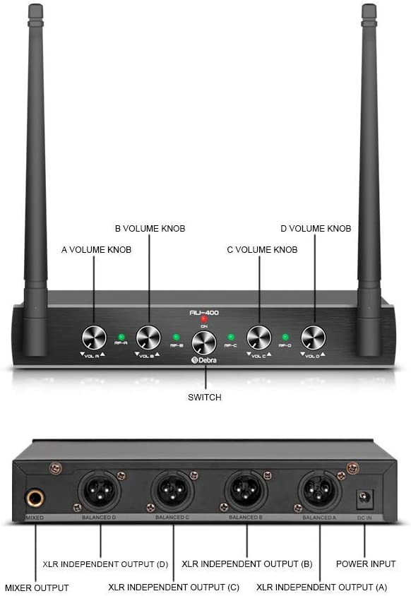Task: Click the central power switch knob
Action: pyautogui.click(x=204, y=342)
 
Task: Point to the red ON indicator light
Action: pyautogui.click(x=203, y=319)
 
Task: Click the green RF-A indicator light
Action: pyautogui.click(x=121, y=337)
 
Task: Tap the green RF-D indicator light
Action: pyautogui.click(x=285, y=337)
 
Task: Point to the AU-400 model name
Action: pyautogui.click(x=204, y=311)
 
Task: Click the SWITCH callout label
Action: pyautogui.click(x=204, y=398)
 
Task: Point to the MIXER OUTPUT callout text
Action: pyautogui.click(x=37, y=588)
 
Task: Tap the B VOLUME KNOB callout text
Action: pyautogui.click(x=150, y=229)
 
